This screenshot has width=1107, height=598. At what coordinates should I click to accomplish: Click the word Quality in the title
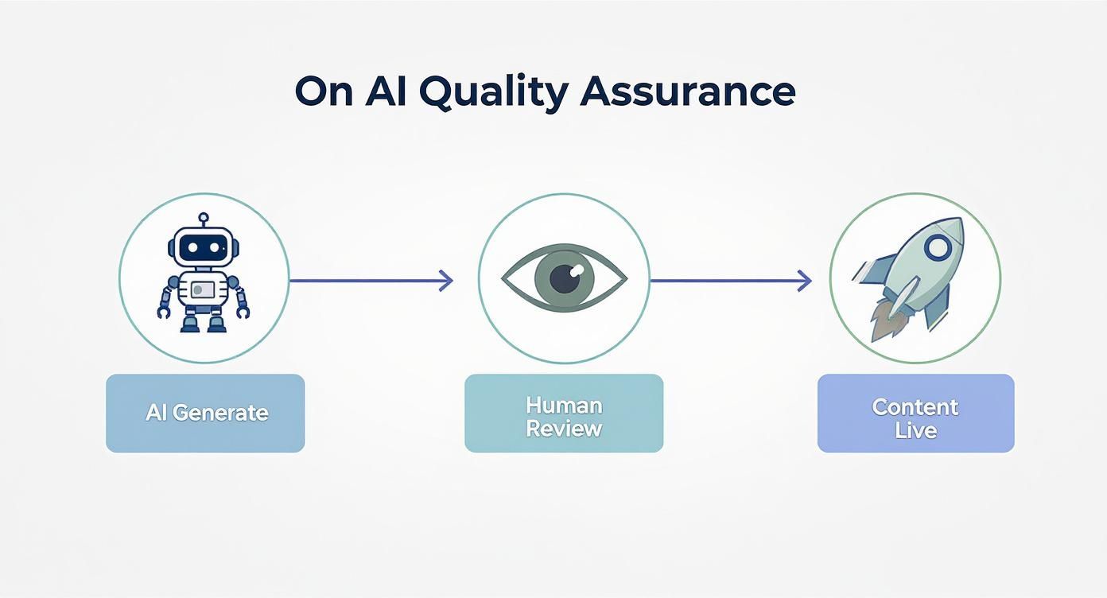[492, 93]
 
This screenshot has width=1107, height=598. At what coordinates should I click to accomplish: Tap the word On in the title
[323, 93]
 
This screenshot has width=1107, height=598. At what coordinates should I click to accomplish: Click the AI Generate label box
[205, 413]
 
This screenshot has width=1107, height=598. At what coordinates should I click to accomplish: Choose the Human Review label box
[564, 413]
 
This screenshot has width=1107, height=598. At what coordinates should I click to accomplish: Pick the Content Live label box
[915, 413]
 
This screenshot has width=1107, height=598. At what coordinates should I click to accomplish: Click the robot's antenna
[204, 219]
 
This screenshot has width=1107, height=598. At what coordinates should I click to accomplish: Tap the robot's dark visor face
[204, 248]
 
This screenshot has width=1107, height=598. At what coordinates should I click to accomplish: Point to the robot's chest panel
[204, 289]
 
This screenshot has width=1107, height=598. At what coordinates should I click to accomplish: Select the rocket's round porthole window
[938, 247]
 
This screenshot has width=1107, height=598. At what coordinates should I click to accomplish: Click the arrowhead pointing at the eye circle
[447, 280]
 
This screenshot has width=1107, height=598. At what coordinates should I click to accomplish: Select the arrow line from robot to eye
[366, 280]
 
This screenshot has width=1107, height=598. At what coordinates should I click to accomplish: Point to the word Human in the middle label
[564, 405]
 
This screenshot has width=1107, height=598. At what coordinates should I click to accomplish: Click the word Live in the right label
[915, 430]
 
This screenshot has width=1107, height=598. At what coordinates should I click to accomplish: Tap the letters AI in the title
[389, 93]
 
